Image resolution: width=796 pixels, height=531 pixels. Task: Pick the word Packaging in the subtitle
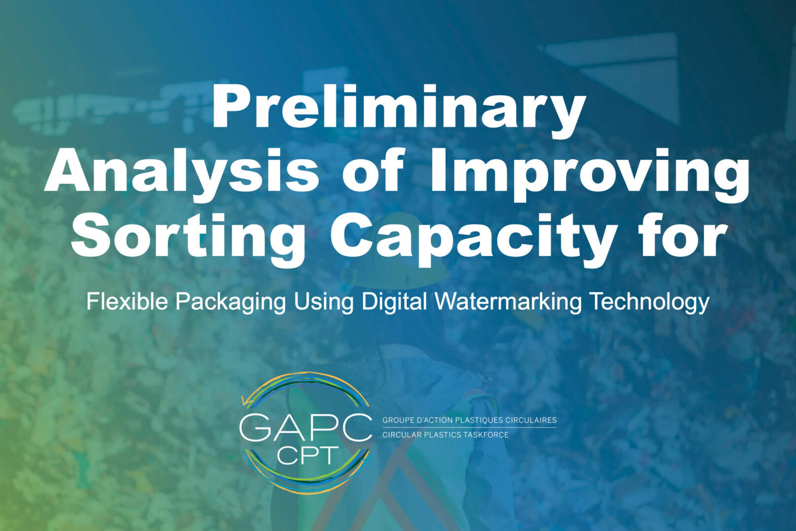pos(231,302)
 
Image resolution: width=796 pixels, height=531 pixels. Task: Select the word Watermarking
pos(508,302)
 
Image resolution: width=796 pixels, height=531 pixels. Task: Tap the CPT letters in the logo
pos(308,455)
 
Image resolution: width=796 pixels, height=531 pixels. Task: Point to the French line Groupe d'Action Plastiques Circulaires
pos(469,420)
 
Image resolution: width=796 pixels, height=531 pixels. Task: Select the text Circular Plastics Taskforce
pos(445,435)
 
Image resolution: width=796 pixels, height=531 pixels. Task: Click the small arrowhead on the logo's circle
pos(245,402)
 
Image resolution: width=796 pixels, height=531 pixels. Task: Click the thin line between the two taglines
pos(469,428)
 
